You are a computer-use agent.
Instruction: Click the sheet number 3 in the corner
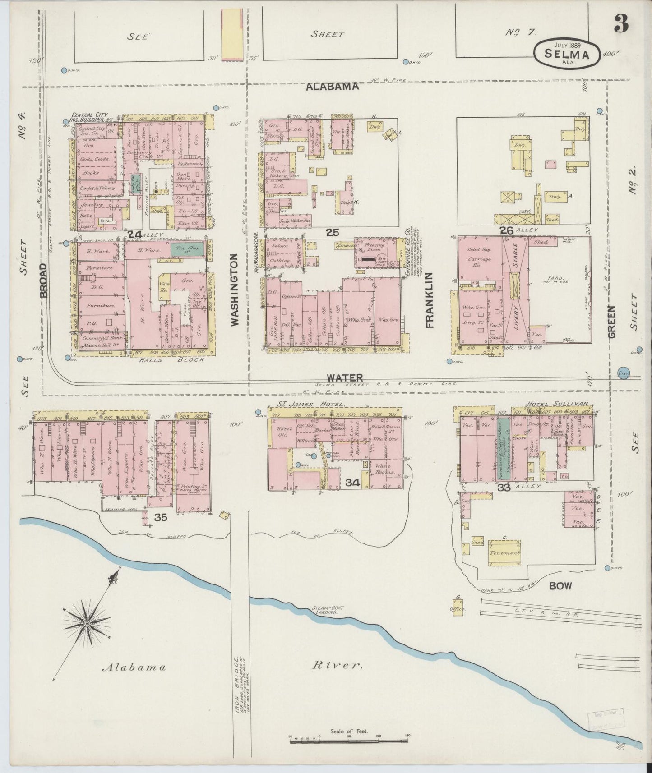click(x=621, y=24)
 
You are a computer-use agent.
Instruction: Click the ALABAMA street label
click(x=332, y=87)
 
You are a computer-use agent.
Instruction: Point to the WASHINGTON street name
click(x=234, y=289)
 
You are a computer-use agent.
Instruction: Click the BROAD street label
click(x=43, y=280)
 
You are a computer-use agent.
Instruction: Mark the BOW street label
click(x=560, y=586)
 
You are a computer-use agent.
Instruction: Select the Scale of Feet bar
click(x=350, y=739)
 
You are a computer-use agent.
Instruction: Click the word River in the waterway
click(x=338, y=665)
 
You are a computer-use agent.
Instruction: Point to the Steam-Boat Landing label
click(x=328, y=611)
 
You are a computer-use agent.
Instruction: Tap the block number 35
click(x=161, y=517)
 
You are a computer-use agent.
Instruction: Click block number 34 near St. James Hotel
click(x=352, y=483)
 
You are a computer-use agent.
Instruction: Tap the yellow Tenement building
click(x=505, y=553)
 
